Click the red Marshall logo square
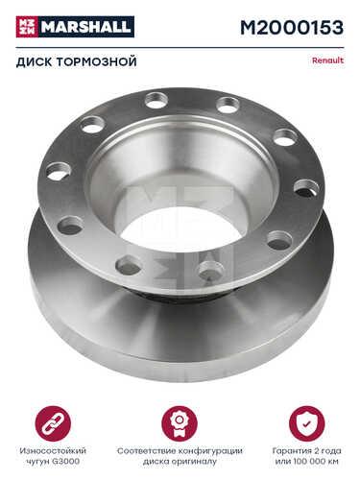(27, 27)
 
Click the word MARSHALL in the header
(86, 27)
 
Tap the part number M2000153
(292, 28)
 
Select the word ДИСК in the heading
(34, 61)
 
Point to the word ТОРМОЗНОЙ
(96, 61)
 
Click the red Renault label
(327, 60)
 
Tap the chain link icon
(53, 423)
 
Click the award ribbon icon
(180, 423)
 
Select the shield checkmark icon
(306, 423)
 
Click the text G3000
(66, 462)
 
